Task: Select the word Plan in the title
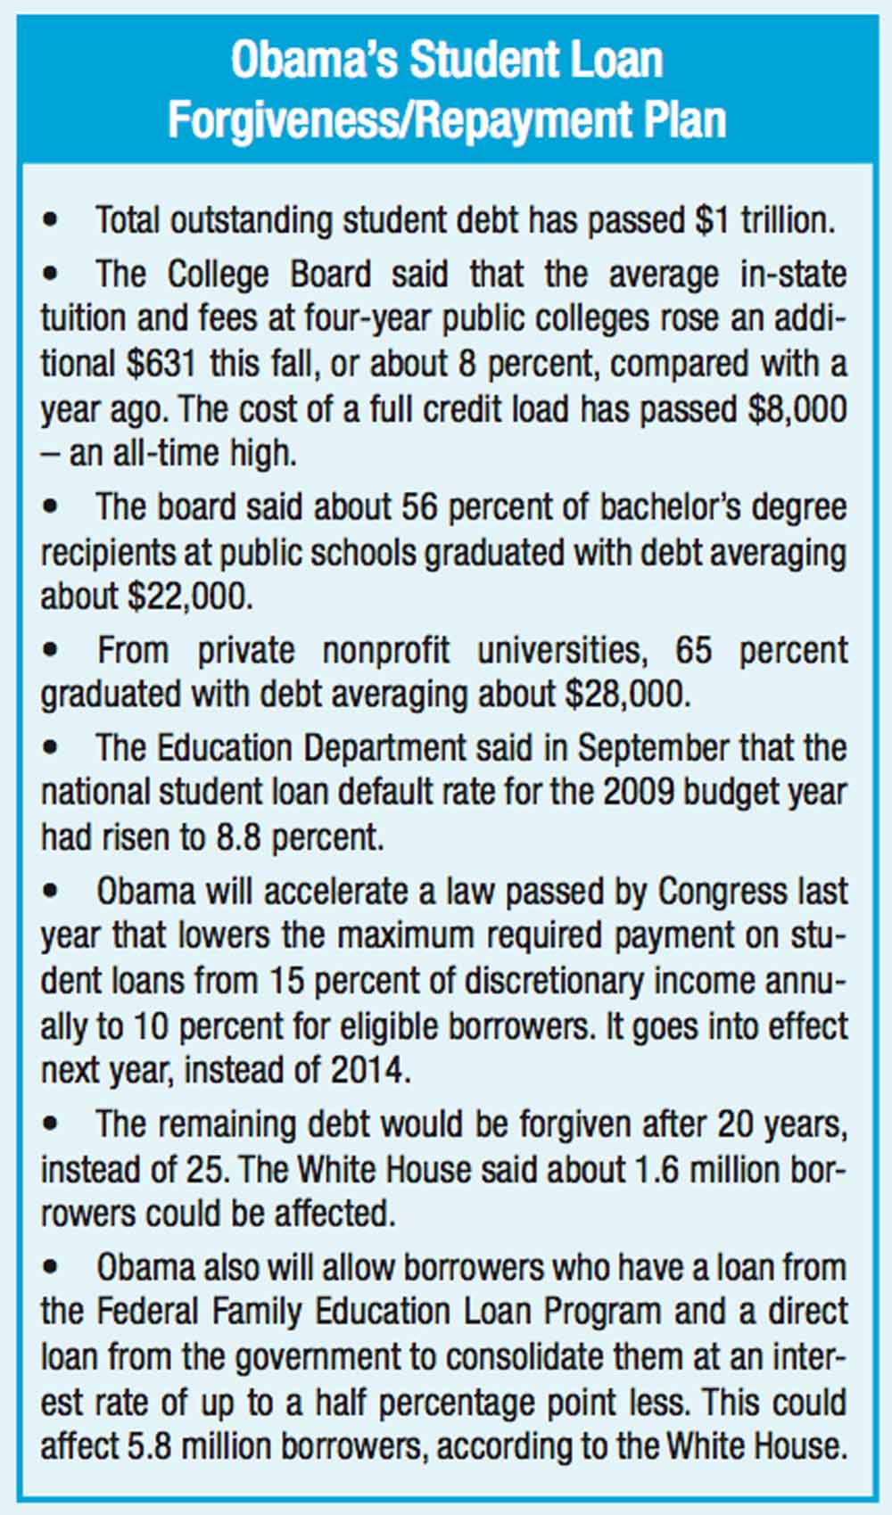click(x=685, y=119)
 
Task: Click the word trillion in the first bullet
click(x=787, y=220)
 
